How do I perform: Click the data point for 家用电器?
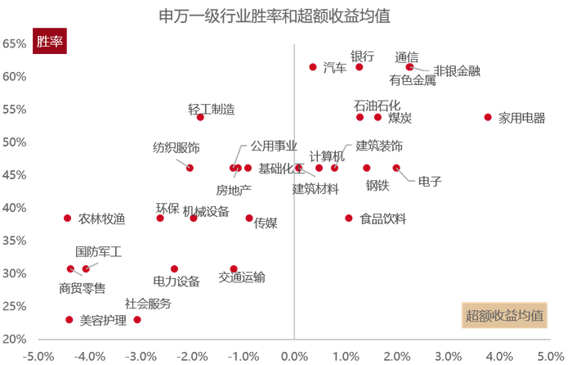488,117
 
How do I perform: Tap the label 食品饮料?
383,219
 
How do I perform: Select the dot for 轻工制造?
200,117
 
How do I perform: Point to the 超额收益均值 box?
506,316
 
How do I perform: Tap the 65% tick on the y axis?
15,43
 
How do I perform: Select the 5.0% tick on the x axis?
552,356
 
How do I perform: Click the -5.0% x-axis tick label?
39,356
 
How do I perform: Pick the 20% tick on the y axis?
15,339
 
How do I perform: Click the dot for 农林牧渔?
68,219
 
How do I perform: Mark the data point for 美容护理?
69,320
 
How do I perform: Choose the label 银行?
362,56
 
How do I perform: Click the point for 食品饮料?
349,219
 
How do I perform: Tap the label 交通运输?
242,277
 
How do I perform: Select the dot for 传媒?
249,219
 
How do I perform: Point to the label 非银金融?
457,70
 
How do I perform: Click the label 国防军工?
98,253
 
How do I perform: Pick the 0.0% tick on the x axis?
294,356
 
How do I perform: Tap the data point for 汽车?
313,67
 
